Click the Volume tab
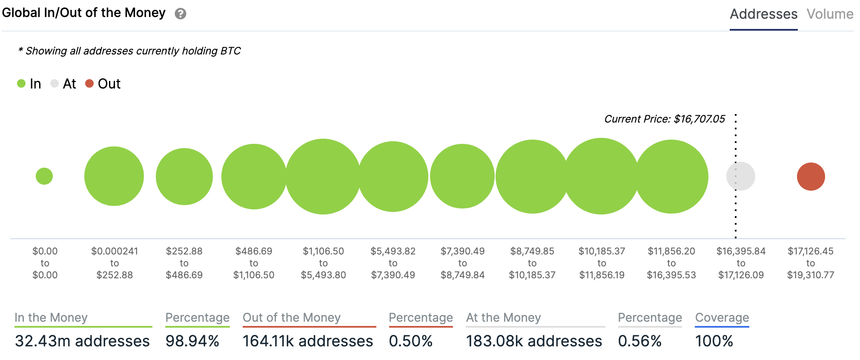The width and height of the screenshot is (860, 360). point(830,14)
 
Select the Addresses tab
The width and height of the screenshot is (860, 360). point(763,14)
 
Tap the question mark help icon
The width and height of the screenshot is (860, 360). point(181,14)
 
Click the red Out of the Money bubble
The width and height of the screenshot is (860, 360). point(811,177)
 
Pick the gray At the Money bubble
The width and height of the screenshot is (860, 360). point(741,176)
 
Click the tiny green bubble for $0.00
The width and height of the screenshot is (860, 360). point(44,176)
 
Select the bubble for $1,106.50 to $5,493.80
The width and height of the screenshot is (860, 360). point(323,177)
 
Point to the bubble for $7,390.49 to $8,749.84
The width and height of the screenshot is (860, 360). point(462,176)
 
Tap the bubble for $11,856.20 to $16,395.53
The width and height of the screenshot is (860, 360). point(671,177)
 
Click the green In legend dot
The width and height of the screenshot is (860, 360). point(21,83)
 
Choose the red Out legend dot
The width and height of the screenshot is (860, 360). point(89,83)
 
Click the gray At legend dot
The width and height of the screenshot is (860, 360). point(54,83)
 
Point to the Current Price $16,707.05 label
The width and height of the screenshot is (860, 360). point(664,119)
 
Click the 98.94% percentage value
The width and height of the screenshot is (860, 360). point(192,341)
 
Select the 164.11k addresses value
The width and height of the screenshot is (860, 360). point(308,341)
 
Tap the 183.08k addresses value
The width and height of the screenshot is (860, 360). point(534,341)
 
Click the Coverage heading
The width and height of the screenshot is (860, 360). point(722,317)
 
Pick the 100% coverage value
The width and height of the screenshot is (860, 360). point(714,341)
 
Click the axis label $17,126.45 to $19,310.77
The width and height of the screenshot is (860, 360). point(811,263)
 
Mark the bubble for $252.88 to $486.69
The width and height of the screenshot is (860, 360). point(184,177)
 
